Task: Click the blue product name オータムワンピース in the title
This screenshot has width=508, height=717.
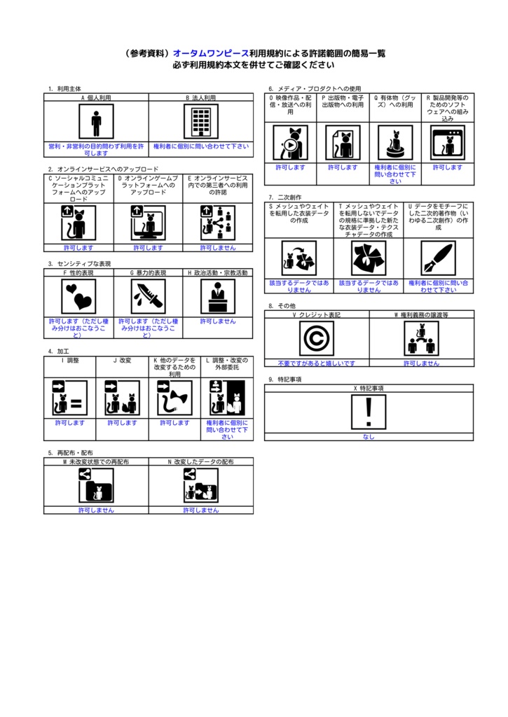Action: [210, 53]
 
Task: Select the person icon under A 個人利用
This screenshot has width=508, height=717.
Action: [96, 122]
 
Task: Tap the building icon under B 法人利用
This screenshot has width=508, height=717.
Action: [200, 122]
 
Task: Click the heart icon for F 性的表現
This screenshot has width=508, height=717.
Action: [78, 297]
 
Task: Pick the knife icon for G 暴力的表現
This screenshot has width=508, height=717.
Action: [148, 297]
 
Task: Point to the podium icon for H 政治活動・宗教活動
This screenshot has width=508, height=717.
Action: [218, 297]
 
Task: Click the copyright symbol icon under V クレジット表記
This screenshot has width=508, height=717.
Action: [316, 339]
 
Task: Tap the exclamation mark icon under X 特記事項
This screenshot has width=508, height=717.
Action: [369, 411]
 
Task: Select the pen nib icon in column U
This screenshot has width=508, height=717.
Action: [438, 258]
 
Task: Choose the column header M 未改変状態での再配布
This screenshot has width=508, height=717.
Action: [96, 462]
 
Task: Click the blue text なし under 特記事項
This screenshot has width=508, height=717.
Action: [369, 436]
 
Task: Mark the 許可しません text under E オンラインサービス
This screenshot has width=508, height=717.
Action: [218, 247]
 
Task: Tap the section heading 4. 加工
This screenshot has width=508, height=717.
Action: [59, 351]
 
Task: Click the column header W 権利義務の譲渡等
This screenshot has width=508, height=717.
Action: [421, 315]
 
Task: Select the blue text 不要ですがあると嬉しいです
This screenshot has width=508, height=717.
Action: [316, 363]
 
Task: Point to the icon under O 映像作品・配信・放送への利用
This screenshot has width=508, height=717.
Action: [290, 143]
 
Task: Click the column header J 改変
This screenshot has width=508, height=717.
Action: [122, 361]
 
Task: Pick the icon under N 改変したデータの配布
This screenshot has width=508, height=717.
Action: [200, 485]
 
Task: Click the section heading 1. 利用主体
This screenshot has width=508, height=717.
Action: [64, 89]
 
